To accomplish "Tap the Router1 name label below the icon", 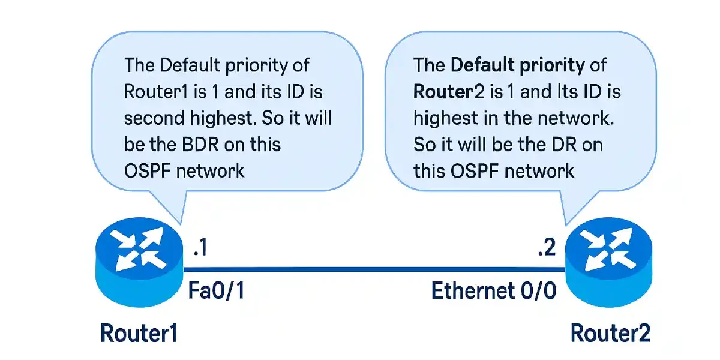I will point(139,333).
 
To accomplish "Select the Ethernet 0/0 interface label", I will point(494,292).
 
